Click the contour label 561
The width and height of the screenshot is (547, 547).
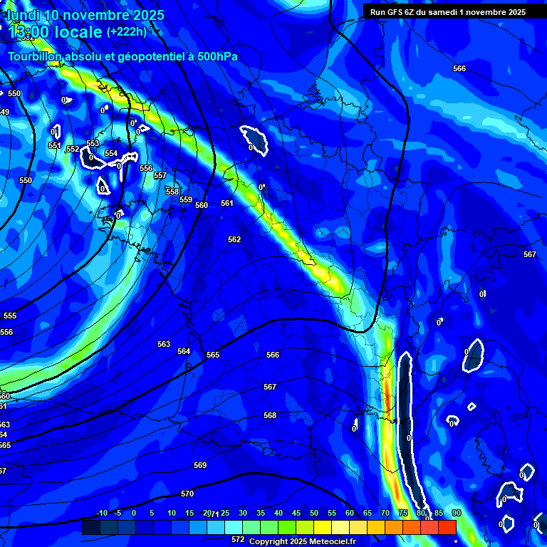(227, 203)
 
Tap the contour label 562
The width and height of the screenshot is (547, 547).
(234, 239)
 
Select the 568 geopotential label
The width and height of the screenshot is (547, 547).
(269, 415)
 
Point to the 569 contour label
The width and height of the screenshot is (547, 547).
(200, 465)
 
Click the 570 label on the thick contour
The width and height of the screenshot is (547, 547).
(187, 494)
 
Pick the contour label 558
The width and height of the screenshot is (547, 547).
(172, 192)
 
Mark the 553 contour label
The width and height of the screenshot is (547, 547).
(93, 143)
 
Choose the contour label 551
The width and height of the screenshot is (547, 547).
(55, 145)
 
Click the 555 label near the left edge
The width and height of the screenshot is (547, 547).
(10, 316)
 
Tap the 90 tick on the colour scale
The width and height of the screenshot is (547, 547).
(456, 513)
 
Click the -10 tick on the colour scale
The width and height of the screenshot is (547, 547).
(101, 513)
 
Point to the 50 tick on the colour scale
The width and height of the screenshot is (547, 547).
(314, 513)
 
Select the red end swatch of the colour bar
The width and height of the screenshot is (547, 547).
(447, 527)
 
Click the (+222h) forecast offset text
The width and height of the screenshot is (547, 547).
(127, 32)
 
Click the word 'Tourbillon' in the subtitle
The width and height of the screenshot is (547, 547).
(35, 56)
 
